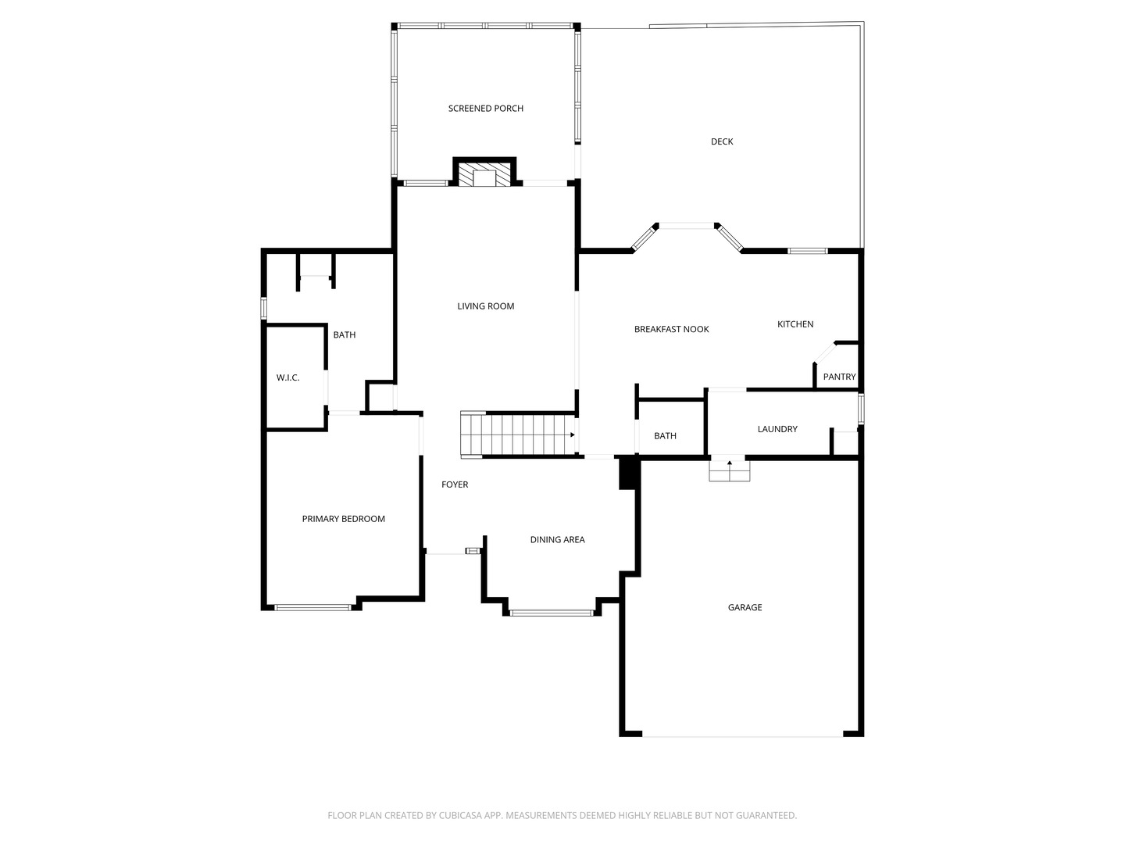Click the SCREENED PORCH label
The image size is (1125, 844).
point(485,108)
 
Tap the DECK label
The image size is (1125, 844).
point(722,141)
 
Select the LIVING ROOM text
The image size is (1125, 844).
point(485,306)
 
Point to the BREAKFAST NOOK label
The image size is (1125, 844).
point(671,329)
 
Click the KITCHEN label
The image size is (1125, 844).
point(795,324)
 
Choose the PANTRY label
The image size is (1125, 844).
point(839,377)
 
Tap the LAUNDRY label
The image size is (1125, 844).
point(777,429)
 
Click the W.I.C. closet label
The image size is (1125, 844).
point(287,377)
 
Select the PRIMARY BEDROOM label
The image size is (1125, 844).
point(344,519)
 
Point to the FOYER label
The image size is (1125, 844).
point(455,485)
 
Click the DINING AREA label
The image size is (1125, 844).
point(557,539)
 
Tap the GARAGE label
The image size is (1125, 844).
point(745,607)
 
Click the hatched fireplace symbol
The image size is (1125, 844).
point(484,174)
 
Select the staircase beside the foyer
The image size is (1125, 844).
point(518,435)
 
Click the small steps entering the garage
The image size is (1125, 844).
point(730,470)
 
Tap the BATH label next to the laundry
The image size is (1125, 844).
point(665,435)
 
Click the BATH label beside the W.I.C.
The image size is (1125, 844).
point(345,334)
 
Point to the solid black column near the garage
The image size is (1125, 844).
point(627,473)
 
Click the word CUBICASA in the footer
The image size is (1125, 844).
point(460,815)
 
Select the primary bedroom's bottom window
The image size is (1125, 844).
point(312,608)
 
